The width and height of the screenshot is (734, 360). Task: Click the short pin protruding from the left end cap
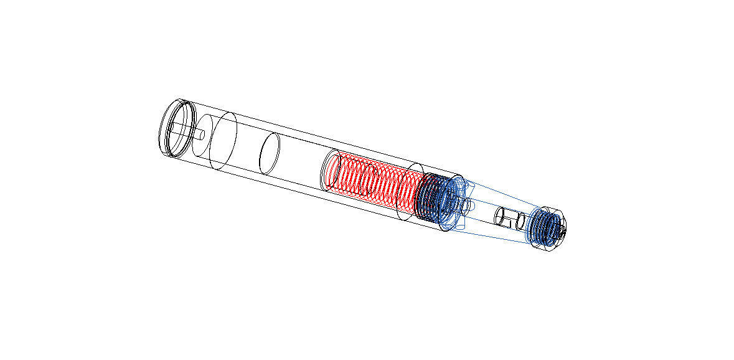tap(202, 133)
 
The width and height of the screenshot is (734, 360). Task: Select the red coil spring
tap(374, 181)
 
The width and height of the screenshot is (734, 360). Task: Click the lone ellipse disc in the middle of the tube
tap(270, 153)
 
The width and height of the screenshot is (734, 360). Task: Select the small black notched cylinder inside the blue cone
tap(508, 219)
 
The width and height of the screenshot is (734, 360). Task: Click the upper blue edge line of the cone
tap(498, 197)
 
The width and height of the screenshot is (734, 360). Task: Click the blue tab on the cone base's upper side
tap(460, 184)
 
